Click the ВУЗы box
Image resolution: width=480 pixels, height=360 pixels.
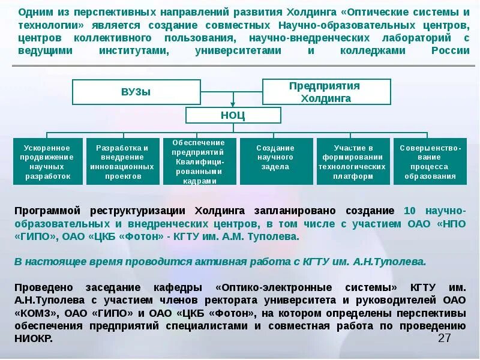click(136, 92)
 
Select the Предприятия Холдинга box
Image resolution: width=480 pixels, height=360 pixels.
click(326, 91)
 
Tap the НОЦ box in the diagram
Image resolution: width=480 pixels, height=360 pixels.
click(233, 115)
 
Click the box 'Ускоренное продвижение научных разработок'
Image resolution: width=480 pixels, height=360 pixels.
click(47, 161)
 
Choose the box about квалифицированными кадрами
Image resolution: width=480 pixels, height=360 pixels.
click(198, 161)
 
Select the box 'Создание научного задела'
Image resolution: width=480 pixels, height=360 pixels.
click(275, 161)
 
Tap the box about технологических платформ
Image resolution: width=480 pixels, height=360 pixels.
click(352, 161)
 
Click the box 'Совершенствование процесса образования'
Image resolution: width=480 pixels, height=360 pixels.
click(430, 161)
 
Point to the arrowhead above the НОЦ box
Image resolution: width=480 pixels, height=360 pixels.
click(233, 103)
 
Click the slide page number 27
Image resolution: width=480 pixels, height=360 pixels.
click(444, 338)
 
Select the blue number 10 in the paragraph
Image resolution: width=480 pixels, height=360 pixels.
click(410, 211)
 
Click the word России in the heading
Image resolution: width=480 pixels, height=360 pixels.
click(450, 51)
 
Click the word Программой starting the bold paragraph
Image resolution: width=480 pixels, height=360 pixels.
click(47, 211)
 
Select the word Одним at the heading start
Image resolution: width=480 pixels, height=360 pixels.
click(34, 12)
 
